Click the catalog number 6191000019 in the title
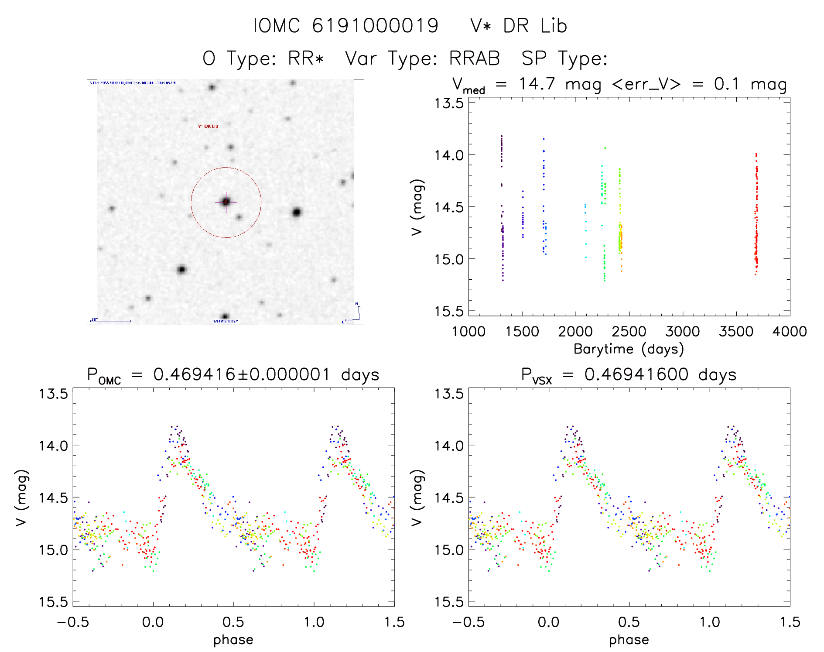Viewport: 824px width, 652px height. pos(375,26)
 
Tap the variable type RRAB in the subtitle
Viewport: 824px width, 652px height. pos(475,58)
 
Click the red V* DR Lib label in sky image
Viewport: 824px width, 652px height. pos(208,126)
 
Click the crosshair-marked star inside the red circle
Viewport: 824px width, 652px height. pos(226,202)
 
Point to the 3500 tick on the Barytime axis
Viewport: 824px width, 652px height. pos(736,332)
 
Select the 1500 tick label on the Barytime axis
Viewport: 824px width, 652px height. pos(522,332)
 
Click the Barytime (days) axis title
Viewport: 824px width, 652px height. pos(629,349)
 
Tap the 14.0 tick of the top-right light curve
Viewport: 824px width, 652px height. pos(449,155)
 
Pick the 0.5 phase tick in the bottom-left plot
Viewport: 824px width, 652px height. pos(233,622)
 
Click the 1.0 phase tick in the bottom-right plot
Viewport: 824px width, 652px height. pos(710,622)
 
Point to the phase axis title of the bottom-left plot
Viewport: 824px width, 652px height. pos(233,640)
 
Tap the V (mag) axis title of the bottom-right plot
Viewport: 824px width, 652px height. pos(417,498)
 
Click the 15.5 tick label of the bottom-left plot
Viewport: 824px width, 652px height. pos(54,602)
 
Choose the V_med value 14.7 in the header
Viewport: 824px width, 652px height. pos(537,84)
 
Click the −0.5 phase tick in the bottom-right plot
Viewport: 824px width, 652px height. pos(468,622)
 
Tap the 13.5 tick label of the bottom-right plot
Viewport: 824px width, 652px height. pos(449,394)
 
